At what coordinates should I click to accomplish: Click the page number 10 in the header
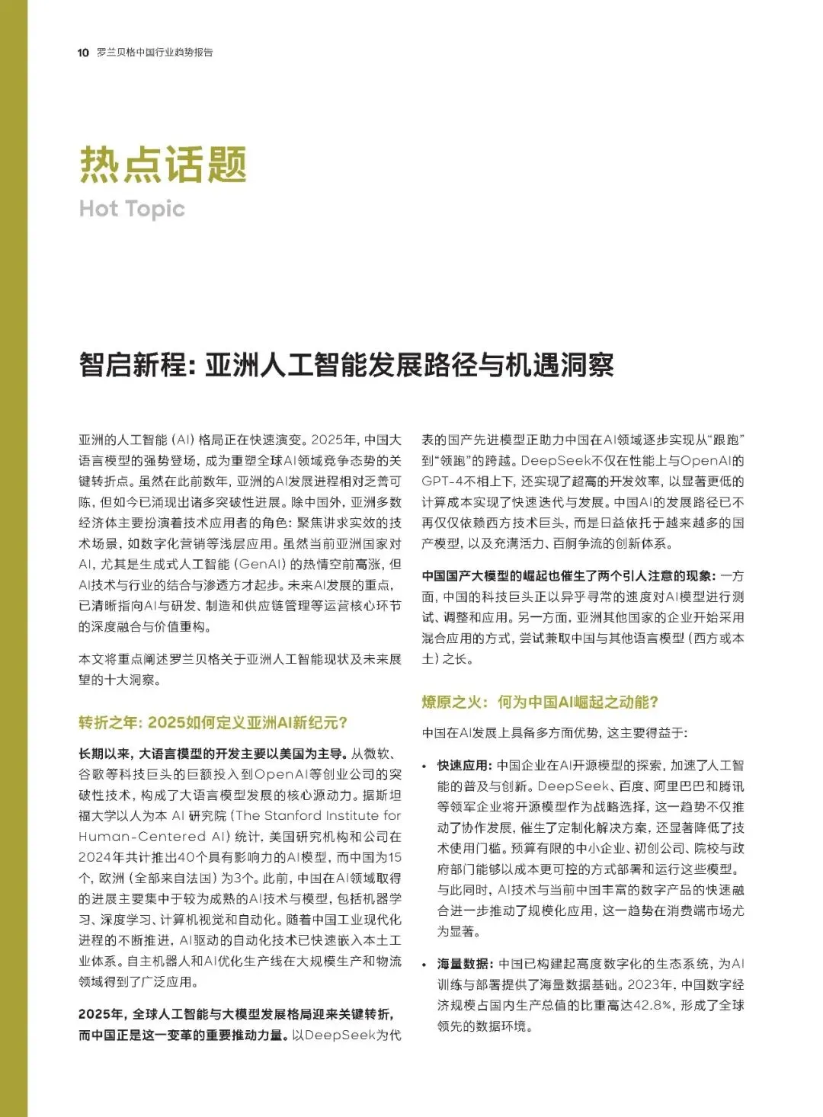pyautogui.click(x=83, y=53)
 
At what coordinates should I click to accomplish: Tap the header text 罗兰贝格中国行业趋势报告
pyautogui.click(x=155, y=53)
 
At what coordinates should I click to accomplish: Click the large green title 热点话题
pyautogui.click(x=163, y=164)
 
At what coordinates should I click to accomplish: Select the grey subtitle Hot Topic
pyautogui.click(x=132, y=209)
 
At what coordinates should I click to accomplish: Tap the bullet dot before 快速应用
pyautogui.click(x=425, y=766)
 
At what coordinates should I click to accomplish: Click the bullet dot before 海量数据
pyautogui.click(x=425, y=965)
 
